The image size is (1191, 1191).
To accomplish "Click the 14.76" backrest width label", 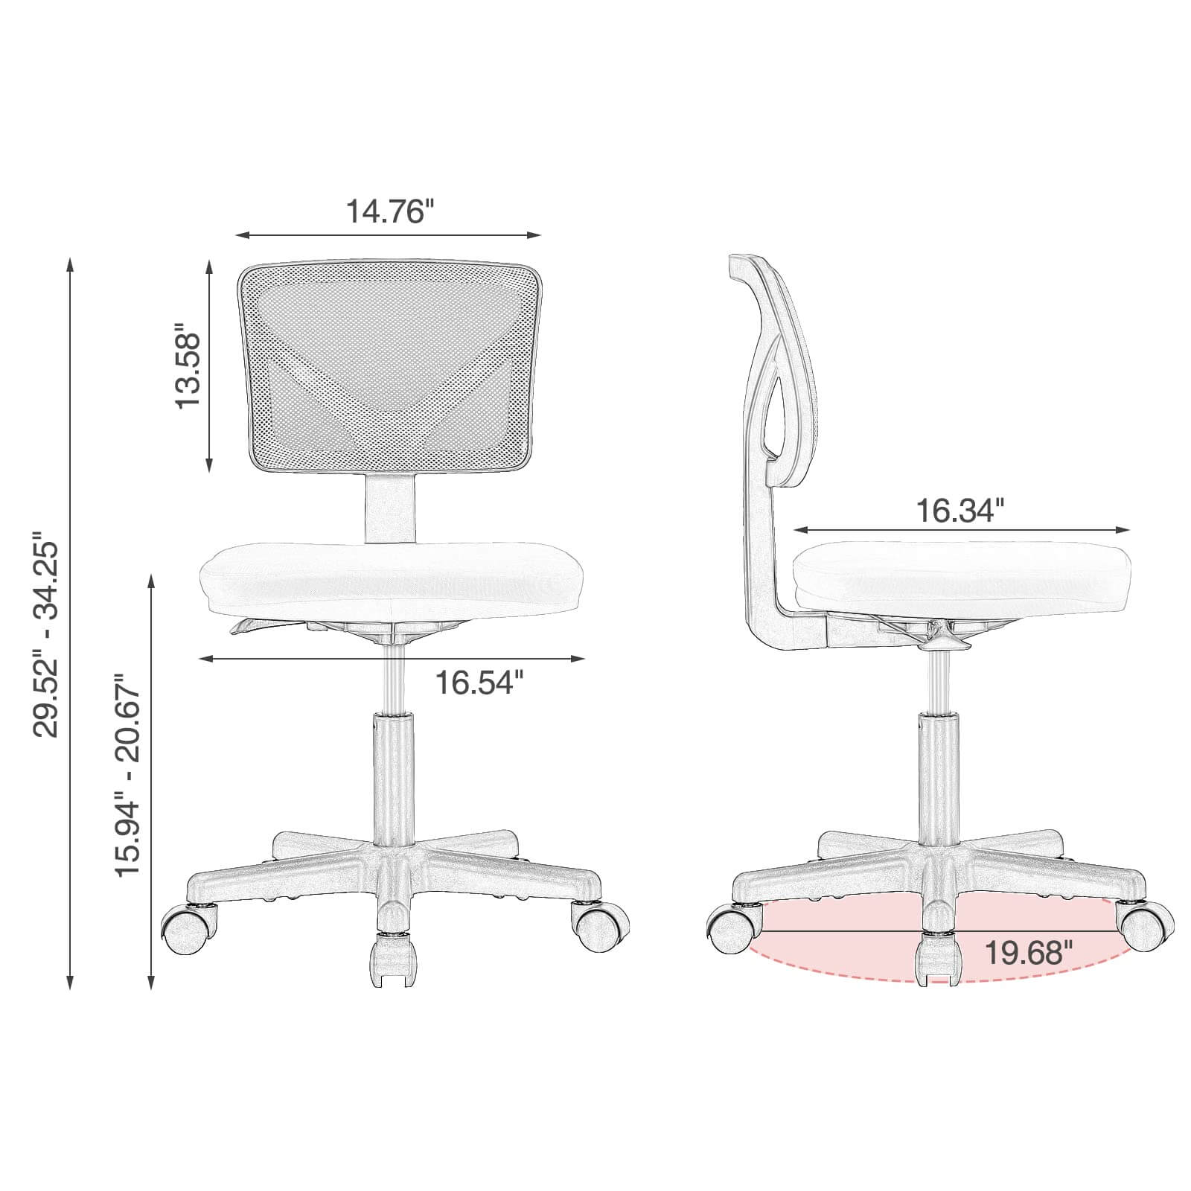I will pyautogui.click(x=389, y=211).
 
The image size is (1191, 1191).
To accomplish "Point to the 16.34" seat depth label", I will pyautogui.click(x=959, y=511).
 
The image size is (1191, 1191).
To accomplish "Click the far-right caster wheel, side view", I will pyautogui.click(x=1147, y=927).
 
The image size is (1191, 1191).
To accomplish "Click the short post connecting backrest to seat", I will pyautogui.click(x=389, y=509).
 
